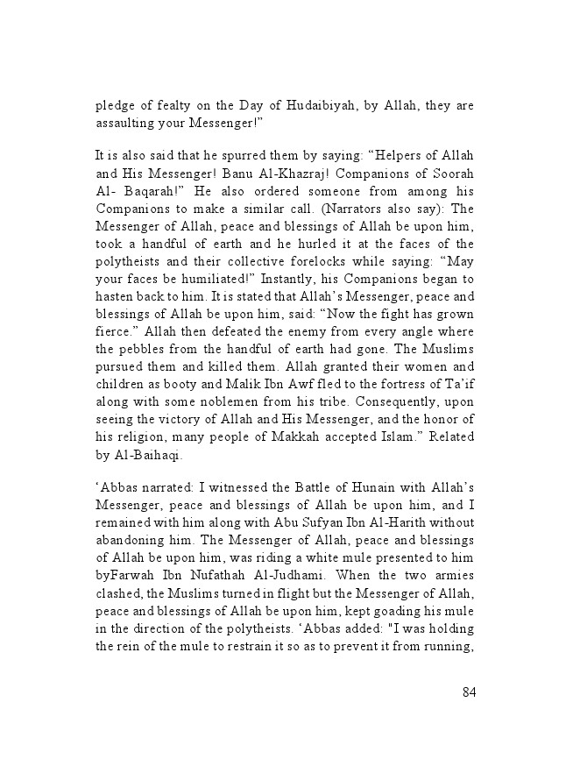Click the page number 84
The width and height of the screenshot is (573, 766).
tap(468, 692)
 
